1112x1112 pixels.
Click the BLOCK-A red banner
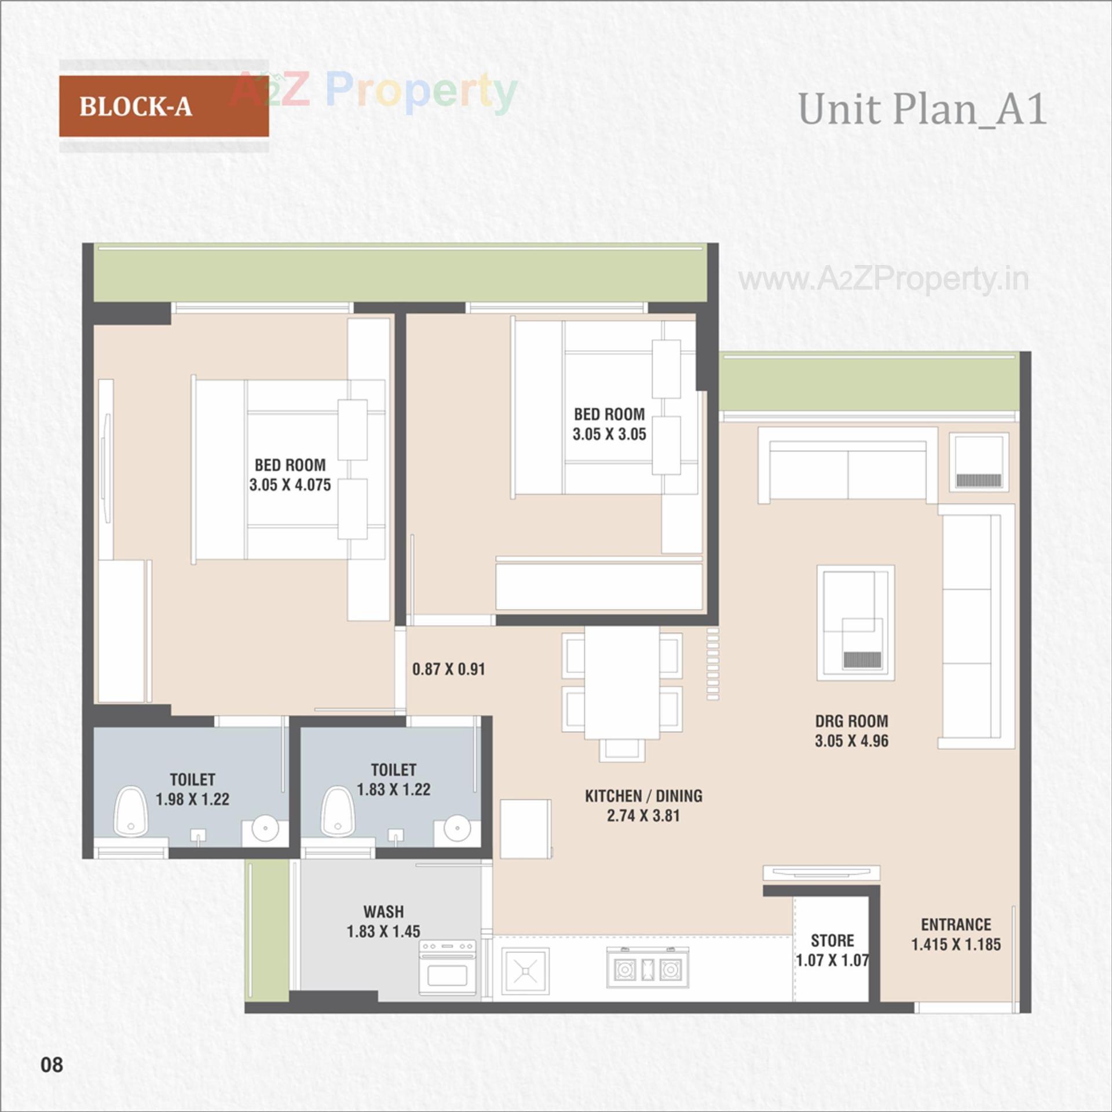tap(163, 106)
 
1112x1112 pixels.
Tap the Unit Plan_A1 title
tap(922, 109)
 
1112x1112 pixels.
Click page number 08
tap(52, 1064)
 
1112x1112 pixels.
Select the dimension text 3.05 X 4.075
tap(290, 485)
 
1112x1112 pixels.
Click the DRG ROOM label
tap(851, 721)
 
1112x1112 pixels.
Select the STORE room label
tap(832, 940)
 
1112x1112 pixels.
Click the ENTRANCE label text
tap(956, 924)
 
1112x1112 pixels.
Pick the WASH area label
tap(383, 912)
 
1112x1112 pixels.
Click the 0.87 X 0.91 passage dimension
tap(448, 669)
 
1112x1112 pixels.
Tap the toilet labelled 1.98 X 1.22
tap(192, 789)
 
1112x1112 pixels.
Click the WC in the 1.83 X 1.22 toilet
tap(338, 812)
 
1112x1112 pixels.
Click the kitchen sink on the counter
tap(524, 970)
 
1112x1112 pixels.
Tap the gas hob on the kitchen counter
tap(648, 967)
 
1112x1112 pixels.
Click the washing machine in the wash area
tap(447, 968)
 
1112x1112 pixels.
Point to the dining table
tap(621, 683)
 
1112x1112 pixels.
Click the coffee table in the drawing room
tap(855, 622)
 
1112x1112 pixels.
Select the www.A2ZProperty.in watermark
tap(883, 280)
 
